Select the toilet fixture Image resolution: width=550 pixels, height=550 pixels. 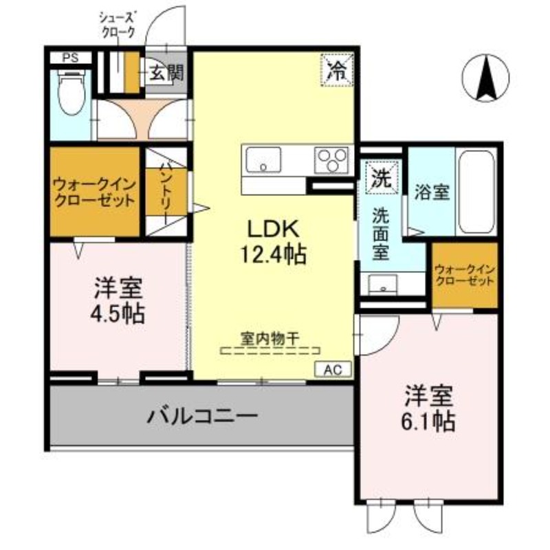coord(69,96)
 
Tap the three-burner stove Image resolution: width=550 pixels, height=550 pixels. coord(333,162)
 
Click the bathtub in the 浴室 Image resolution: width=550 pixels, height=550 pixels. coord(476,191)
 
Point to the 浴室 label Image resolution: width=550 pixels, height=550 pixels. coord(431,193)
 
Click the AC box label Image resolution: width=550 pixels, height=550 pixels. coord(333,369)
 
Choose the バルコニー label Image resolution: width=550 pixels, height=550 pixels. coord(202,416)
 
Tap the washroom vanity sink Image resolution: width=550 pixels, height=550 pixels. coord(379,285)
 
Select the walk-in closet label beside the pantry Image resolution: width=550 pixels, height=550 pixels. coord(95,192)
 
